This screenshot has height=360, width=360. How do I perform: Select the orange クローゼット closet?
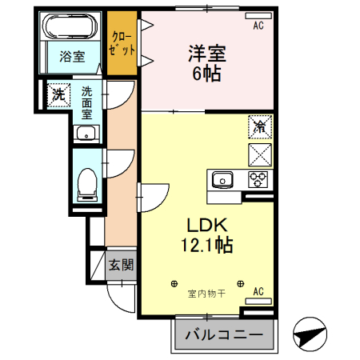coord(122,44)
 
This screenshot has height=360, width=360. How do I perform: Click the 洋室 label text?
coord(206,54)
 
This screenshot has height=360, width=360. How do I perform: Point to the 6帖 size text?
coord(206,74)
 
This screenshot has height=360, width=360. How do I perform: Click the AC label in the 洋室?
coord(258,26)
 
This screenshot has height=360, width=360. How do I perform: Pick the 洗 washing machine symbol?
coord(58,94)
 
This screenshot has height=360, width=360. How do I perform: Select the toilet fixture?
coord(86,184)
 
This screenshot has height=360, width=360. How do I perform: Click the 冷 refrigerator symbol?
coord(260,126)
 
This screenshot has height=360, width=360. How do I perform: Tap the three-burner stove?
coord(258,178)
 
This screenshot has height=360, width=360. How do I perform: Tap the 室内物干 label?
coord(206,294)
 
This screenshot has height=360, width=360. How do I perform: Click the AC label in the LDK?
coord(258,292)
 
